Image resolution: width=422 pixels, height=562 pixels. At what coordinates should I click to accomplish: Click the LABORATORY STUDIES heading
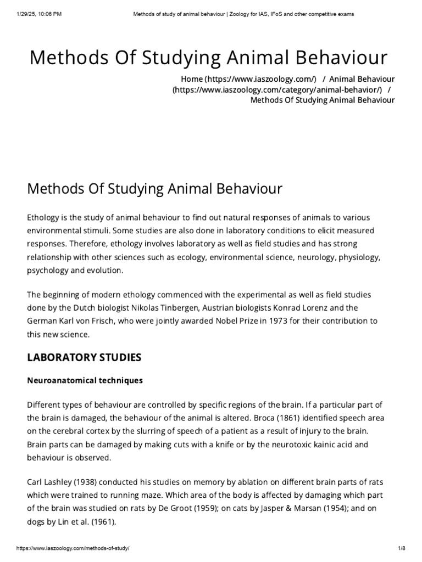click(x=84, y=357)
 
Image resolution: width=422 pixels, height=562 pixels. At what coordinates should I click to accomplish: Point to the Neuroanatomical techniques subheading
click(x=85, y=380)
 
